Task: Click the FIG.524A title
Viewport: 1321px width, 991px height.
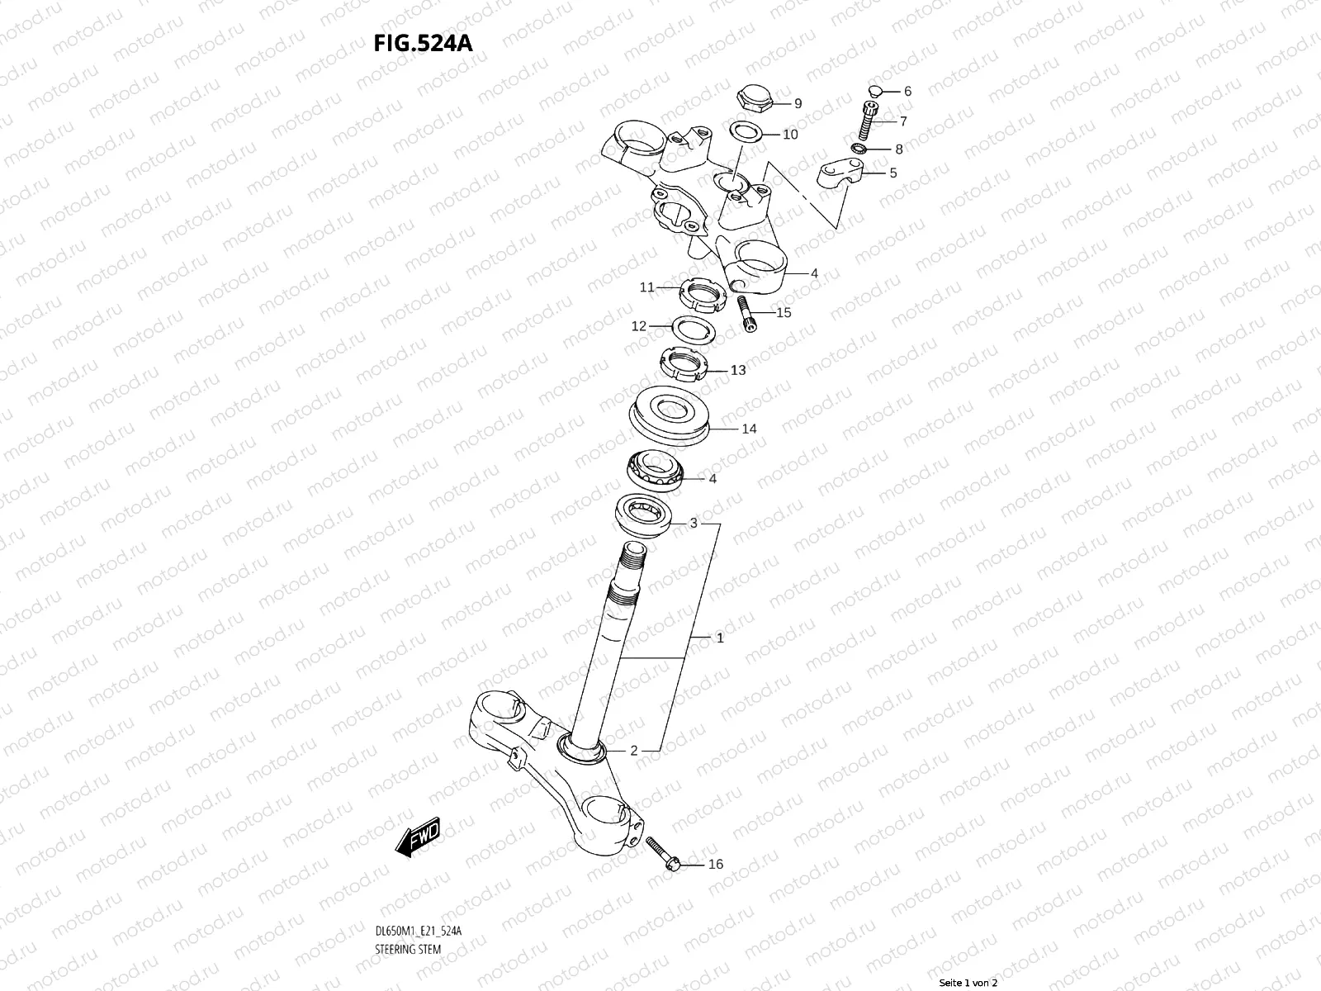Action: coord(423,43)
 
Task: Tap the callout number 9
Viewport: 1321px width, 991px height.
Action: coord(798,104)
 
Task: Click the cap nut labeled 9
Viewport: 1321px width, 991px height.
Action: coord(753,98)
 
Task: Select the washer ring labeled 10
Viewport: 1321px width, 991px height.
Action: coord(748,131)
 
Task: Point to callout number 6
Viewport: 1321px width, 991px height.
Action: coord(907,92)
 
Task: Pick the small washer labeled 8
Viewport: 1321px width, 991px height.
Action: coord(880,149)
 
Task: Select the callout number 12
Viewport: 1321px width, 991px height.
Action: coord(639,326)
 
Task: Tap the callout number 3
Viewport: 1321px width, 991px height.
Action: coord(694,523)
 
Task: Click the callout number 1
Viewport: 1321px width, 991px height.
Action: coord(720,638)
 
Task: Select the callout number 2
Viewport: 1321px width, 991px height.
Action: coord(634,751)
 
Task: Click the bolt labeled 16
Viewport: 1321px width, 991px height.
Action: coord(662,851)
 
